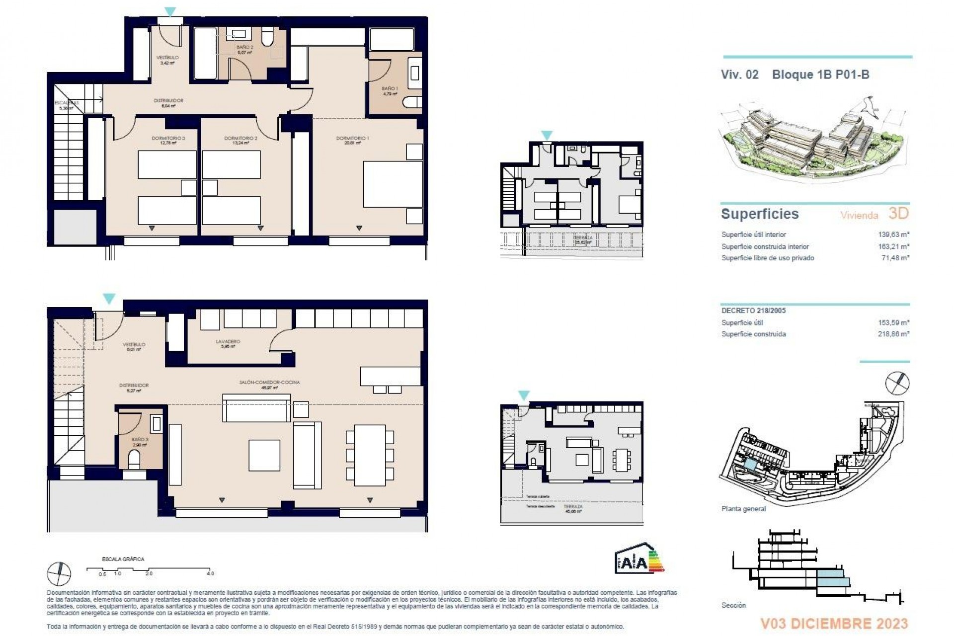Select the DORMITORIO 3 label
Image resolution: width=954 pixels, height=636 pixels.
coord(168,138)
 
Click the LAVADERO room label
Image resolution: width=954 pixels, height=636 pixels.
coord(228,342)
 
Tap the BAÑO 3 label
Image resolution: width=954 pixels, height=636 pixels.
coord(140,440)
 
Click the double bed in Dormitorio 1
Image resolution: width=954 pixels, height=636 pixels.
coord(393,183)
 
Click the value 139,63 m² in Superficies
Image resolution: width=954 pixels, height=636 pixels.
coord(894,235)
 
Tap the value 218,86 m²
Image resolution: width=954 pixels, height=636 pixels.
coord(894,334)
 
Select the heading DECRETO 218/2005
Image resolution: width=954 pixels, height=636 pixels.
coord(754,311)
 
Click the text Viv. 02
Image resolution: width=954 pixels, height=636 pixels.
coord(739,75)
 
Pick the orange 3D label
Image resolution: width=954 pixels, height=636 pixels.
coord(898,214)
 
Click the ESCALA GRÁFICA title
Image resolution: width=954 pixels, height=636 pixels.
coord(123,559)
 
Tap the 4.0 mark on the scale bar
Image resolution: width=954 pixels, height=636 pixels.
coord(210,573)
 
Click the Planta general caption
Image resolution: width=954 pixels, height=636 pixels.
coord(743,509)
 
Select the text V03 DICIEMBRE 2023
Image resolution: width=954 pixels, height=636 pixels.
coord(834,624)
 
